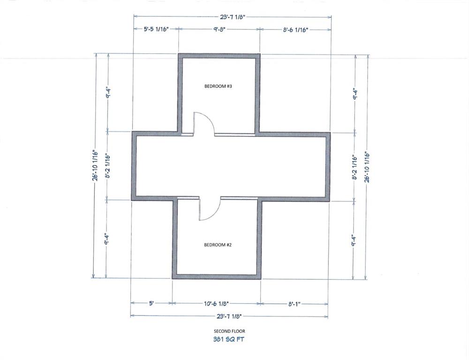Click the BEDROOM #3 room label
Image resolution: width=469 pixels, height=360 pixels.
[x=218, y=86]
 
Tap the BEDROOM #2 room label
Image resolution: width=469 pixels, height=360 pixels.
[x=218, y=245]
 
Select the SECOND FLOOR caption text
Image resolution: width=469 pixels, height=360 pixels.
[x=229, y=331]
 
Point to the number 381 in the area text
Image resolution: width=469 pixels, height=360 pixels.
[x=218, y=339]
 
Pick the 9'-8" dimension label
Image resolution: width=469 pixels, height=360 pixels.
[x=219, y=30]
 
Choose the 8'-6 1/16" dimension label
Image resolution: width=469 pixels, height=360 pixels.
[x=295, y=30]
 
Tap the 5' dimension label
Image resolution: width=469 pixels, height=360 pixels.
[x=151, y=303]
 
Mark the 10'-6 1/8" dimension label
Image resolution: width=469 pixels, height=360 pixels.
[x=216, y=304]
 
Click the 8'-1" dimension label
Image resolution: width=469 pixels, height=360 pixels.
[x=295, y=304]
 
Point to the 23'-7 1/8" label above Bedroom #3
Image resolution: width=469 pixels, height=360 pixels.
[x=233, y=17]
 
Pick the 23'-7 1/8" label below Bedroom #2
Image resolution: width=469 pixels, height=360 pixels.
[x=229, y=316]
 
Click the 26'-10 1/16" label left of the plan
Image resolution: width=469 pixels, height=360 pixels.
[x=95, y=165]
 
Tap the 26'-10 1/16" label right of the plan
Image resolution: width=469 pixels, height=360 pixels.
[x=367, y=167]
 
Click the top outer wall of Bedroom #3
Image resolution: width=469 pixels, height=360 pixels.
[x=219, y=56]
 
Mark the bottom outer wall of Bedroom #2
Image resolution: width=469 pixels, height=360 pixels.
[x=217, y=277]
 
